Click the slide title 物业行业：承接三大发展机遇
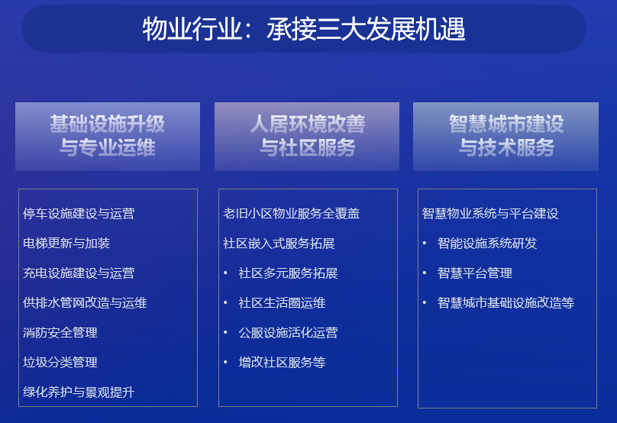pyautogui.click(x=304, y=29)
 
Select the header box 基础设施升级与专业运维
pyautogui.click(x=108, y=137)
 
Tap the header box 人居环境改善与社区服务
pyautogui.click(x=307, y=137)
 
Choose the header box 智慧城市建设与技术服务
pyautogui.click(x=506, y=137)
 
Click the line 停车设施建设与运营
pyautogui.click(x=79, y=213)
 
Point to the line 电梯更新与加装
pyautogui.click(x=66, y=243)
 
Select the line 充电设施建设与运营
pyautogui.click(x=79, y=273)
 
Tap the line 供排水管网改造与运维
pyautogui.click(x=85, y=302)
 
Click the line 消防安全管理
pyautogui.click(x=60, y=332)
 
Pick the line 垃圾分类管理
pyautogui.click(x=60, y=362)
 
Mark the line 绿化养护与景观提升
pyautogui.click(x=79, y=392)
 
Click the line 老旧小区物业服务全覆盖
pyautogui.click(x=291, y=213)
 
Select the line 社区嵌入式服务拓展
pyautogui.click(x=279, y=243)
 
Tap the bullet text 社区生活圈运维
pyautogui.click(x=282, y=302)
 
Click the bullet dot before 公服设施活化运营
pyautogui.click(x=225, y=332)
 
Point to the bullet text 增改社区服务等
pyautogui.click(x=282, y=362)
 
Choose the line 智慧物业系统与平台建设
pyautogui.click(x=490, y=213)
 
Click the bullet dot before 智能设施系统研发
pyautogui.click(x=425, y=243)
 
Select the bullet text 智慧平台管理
pyautogui.click(x=475, y=273)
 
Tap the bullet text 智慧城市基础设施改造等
pyautogui.click(x=506, y=302)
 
